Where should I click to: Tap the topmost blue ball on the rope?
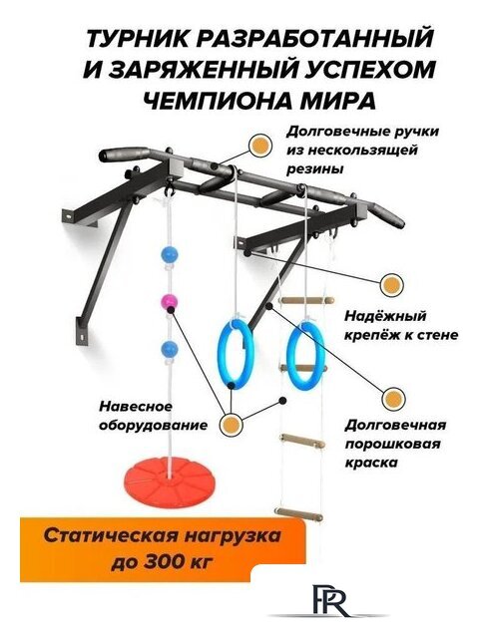[x=167, y=254]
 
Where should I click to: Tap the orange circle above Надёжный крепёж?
[x=392, y=283]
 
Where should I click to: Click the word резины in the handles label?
[x=315, y=169]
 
